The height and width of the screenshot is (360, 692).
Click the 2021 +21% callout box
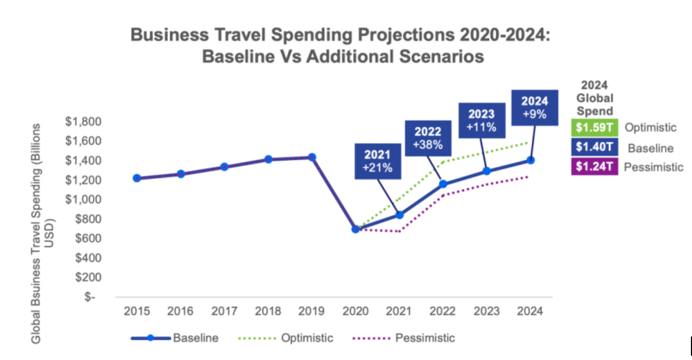coord(378,160)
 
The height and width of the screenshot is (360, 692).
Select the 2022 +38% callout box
coord(428,138)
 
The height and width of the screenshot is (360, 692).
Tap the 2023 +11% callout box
coord(481,120)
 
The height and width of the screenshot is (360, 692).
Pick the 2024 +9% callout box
coord(534,108)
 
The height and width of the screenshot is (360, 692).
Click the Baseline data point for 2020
coord(356,229)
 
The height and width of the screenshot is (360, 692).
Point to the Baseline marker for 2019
coord(312,157)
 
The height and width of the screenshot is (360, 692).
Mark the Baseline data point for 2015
coord(137,178)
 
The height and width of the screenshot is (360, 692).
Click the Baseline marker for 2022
coord(443,184)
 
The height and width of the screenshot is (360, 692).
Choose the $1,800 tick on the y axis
coord(83,121)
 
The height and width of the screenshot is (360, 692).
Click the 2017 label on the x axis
coord(224,312)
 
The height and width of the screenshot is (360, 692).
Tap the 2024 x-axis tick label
coord(531,312)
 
